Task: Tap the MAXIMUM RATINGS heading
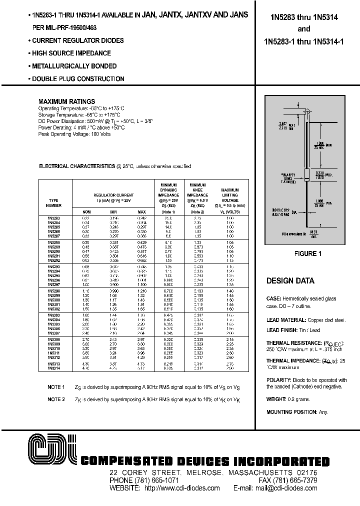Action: [66, 101]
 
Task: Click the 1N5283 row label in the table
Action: [54, 218]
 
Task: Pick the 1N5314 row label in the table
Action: [54, 368]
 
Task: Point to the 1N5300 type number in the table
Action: [54, 300]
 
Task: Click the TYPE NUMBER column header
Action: [54, 202]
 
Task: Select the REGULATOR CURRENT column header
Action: [113, 195]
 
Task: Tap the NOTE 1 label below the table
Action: [56, 387]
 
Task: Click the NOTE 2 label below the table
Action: [56, 399]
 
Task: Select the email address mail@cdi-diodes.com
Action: [291, 488]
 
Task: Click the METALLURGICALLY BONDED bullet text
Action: [74, 66]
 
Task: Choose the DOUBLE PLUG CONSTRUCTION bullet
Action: [78, 79]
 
